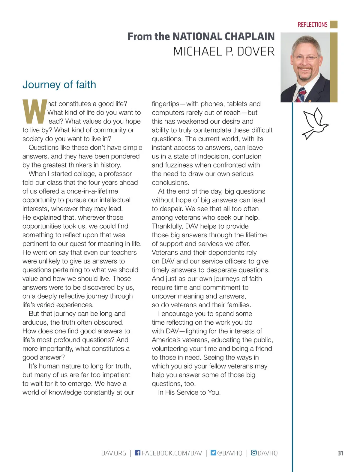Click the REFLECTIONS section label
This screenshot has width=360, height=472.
click(x=312, y=25)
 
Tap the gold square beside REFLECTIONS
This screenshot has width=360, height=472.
click(x=334, y=24)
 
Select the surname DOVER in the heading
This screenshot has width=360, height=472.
click(x=256, y=52)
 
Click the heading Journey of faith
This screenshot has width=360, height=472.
click(x=59, y=85)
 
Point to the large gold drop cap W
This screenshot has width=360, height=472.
click(x=34, y=112)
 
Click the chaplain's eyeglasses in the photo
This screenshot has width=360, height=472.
click(x=305, y=58)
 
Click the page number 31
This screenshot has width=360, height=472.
click(x=340, y=453)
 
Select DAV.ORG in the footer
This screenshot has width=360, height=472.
click(x=114, y=453)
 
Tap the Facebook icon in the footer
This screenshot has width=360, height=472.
click(x=137, y=452)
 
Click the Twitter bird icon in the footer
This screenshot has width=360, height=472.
click(x=213, y=452)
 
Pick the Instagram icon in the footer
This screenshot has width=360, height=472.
click(x=254, y=452)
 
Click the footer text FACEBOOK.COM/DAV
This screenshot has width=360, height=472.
click(x=172, y=453)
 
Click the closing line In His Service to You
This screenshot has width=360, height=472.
click(x=189, y=392)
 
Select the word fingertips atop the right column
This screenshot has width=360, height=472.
click(x=165, y=104)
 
